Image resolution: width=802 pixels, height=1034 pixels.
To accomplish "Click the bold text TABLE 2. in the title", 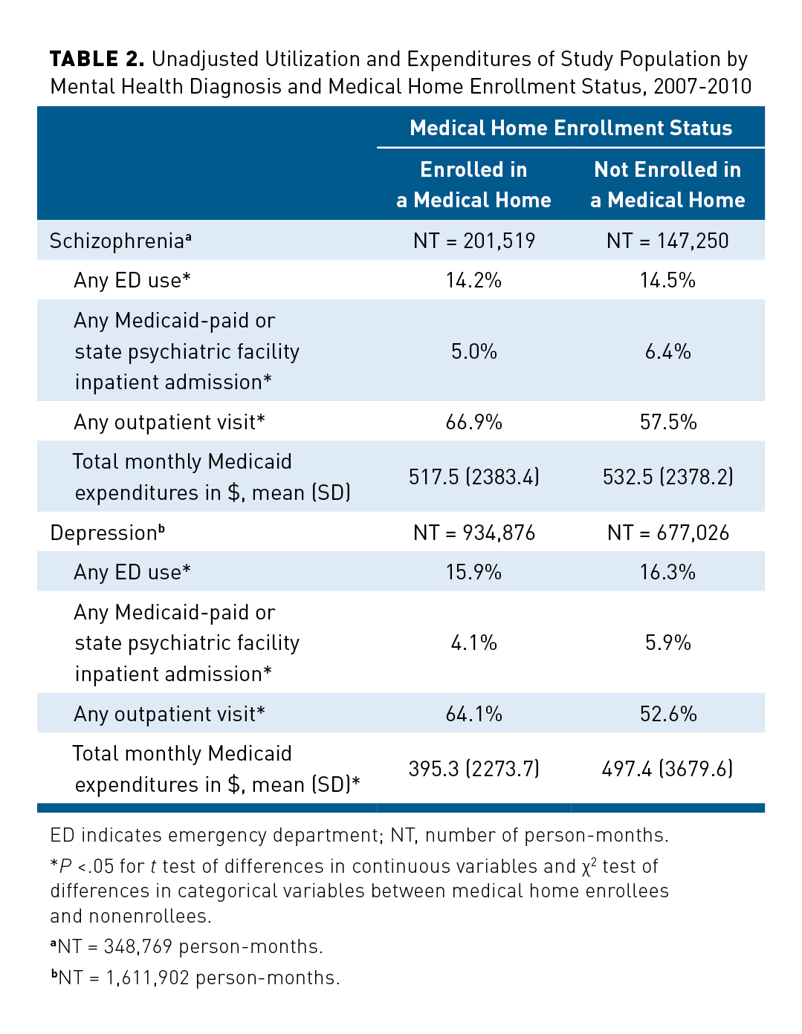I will point(97,59).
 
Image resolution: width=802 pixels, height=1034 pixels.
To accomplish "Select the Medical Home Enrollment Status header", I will point(571,129).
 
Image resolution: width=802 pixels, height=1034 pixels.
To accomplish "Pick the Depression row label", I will point(107,533).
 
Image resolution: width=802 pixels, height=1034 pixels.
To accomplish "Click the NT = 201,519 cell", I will point(474,241).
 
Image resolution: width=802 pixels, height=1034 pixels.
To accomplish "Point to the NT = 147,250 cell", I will point(667,241).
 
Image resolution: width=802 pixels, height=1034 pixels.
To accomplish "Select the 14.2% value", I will point(474,280).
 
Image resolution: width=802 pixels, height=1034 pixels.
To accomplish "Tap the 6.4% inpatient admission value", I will point(667,351).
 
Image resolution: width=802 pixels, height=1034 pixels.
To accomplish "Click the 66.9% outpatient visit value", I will point(474,422).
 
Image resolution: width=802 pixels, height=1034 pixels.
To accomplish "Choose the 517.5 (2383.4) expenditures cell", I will point(474,476).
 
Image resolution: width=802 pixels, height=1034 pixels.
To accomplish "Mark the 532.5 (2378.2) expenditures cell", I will point(667,476).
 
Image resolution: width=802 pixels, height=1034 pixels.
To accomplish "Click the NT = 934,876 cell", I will point(474,533).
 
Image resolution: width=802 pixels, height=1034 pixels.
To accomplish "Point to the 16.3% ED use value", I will point(667,572).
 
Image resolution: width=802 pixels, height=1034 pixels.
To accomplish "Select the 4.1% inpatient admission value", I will point(474,643).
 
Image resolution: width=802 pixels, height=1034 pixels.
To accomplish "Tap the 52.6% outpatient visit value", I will point(667,714).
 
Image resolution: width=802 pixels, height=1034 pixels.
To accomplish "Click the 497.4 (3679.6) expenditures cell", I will point(667,768).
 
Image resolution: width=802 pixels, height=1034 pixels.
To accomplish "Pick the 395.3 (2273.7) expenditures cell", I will point(474,768).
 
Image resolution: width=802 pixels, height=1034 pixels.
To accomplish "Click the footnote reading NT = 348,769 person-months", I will point(187,946).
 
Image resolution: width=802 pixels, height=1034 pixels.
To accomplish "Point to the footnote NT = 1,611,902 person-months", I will point(195,978).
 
